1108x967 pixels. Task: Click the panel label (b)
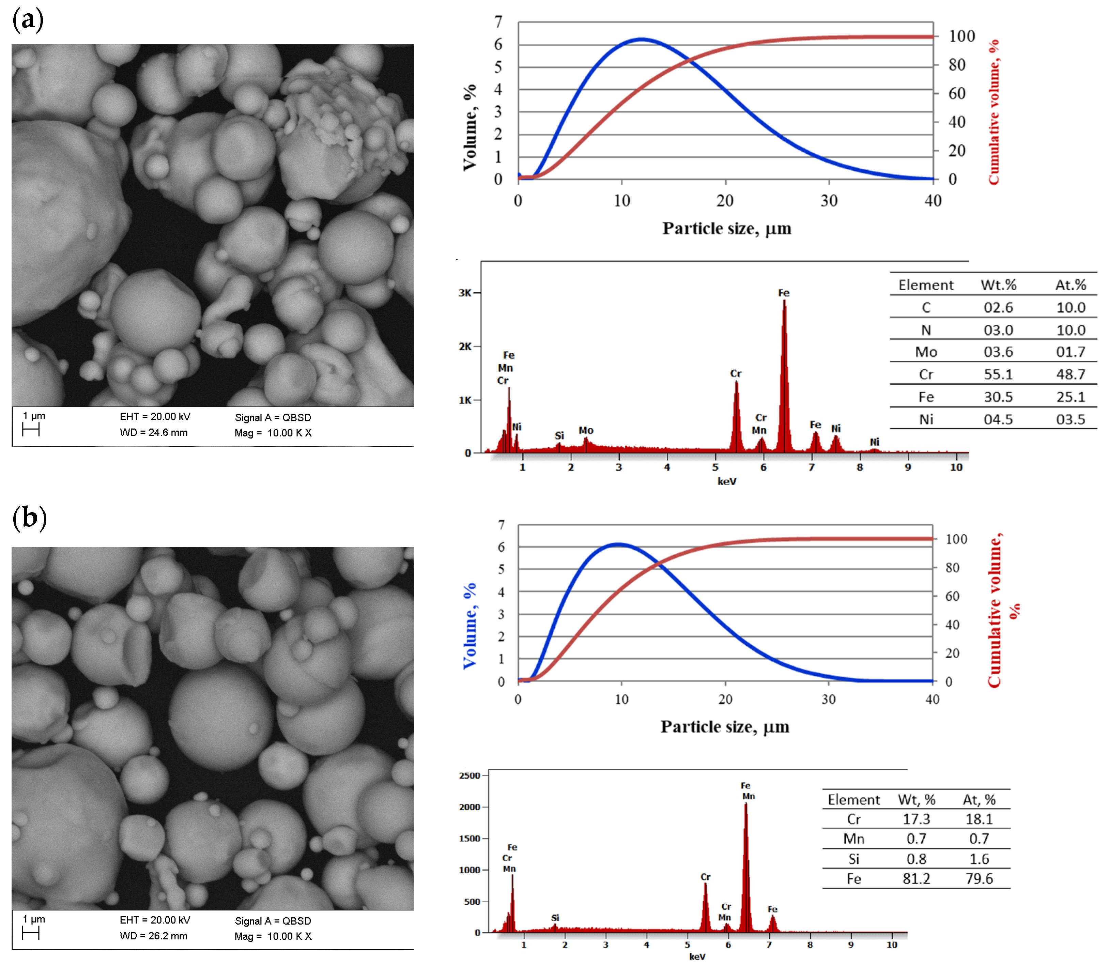tap(29, 518)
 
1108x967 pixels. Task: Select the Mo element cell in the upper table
tap(926, 352)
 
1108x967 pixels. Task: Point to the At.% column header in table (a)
tap(1070, 285)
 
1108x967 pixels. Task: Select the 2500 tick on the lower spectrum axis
tap(469, 776)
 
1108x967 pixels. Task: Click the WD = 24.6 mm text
tap(153, 432)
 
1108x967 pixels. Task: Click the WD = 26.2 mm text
tap(153, 936)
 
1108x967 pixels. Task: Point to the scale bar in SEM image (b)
tap(31, 933)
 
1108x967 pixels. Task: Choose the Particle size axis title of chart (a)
tap(726, 229)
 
